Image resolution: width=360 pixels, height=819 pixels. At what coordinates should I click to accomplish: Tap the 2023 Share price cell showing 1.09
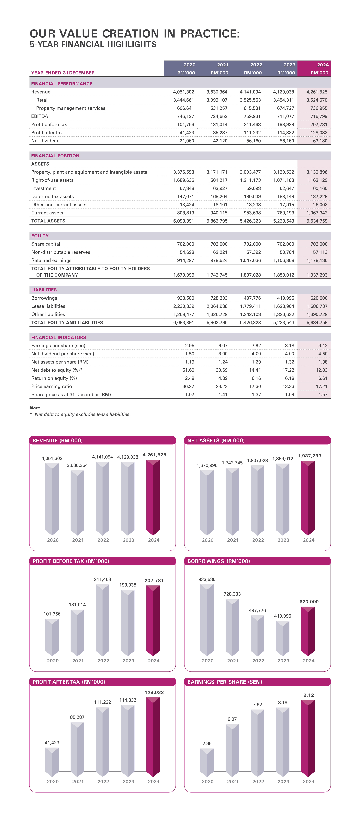289,395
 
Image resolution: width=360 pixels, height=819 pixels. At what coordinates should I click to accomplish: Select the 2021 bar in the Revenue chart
77,502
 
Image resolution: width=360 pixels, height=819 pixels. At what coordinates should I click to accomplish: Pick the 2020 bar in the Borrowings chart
207,620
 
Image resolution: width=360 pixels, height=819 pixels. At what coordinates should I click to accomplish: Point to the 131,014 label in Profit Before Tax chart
77,605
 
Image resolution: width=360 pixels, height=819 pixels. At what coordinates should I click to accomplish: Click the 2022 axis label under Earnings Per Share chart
258,781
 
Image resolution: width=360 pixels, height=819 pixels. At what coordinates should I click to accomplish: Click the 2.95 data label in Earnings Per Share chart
207,744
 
